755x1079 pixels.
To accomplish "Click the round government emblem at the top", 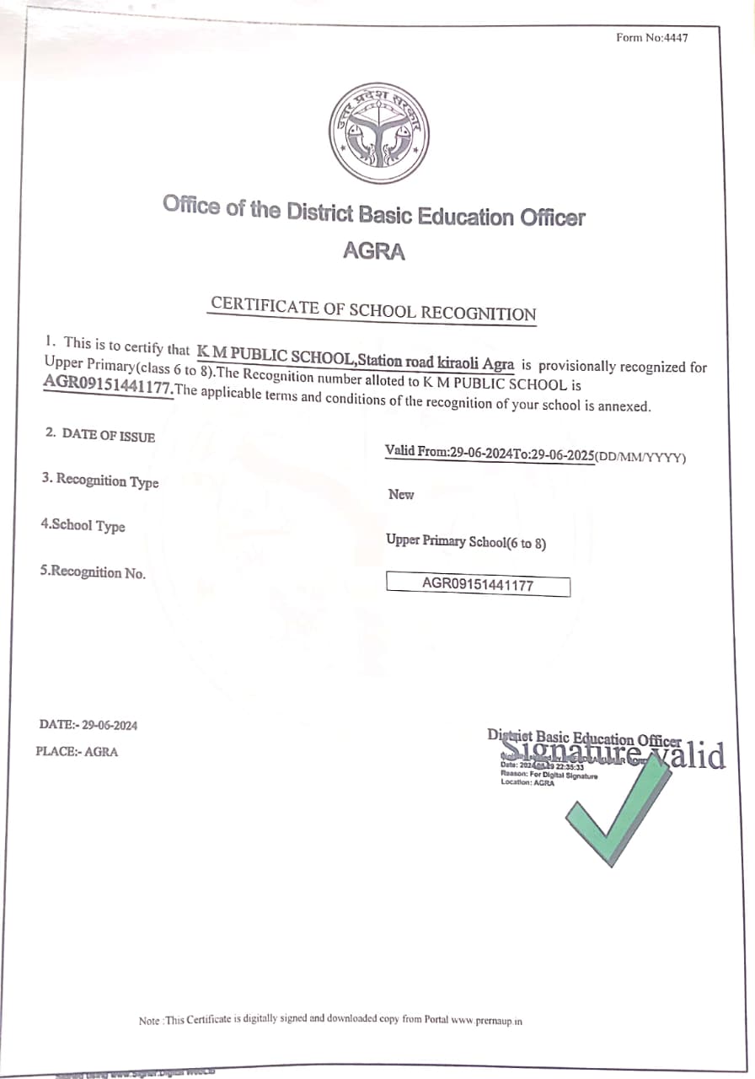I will [378, 133].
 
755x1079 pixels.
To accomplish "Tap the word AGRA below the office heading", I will [373, 251].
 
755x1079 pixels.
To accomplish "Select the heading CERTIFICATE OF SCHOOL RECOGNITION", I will [373, 309].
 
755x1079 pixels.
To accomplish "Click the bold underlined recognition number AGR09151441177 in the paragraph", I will [108, 389].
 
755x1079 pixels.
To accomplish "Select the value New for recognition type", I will [401, 495].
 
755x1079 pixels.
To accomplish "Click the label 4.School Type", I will [83, 525].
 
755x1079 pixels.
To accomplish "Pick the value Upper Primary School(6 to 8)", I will [466, 542].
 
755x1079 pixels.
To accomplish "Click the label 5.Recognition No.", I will [93, 572].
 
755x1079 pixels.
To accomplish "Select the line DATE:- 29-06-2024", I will [88, 725].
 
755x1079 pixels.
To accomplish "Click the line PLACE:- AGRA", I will [78, 751].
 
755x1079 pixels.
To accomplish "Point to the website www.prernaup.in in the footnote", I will [487, 1020].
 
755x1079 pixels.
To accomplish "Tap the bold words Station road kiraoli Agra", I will [436, 362].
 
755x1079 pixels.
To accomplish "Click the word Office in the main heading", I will [191, 205].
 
